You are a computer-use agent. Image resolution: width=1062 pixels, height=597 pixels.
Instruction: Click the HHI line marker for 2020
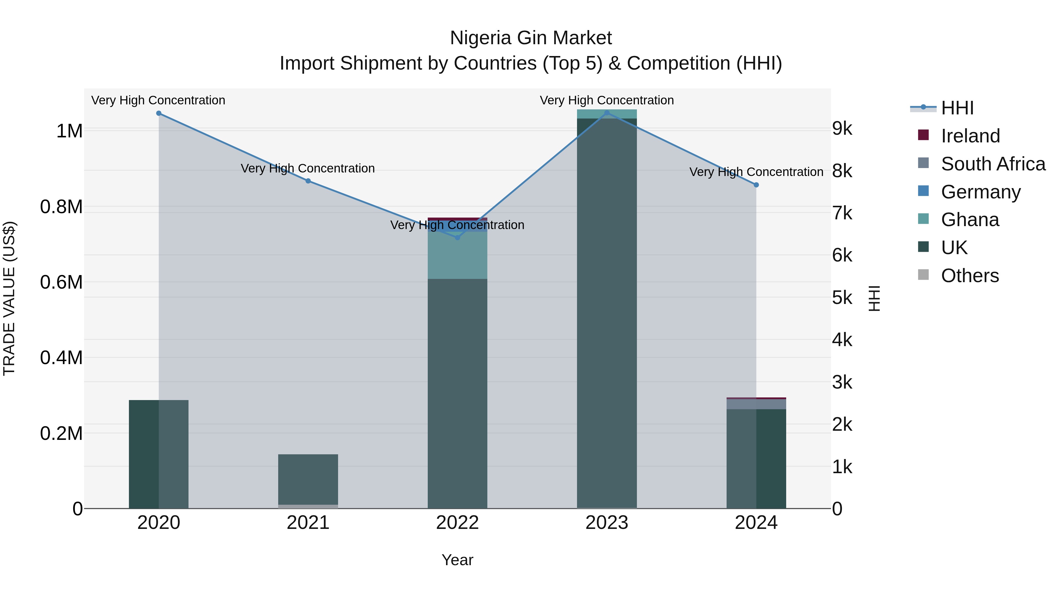(159, 113)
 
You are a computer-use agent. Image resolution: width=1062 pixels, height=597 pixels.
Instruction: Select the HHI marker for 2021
(308, 181)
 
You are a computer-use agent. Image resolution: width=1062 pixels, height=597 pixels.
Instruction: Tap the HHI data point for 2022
(457, 237)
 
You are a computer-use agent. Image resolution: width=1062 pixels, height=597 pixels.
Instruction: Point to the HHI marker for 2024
(756, 185)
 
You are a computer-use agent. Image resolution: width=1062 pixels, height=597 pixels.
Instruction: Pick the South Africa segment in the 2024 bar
(756, 404)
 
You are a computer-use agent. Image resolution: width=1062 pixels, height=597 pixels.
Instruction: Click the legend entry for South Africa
(993, 164)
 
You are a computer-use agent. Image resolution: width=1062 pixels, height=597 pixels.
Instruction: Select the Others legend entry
(970, 276)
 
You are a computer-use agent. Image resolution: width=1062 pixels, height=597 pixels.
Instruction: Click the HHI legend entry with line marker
(957, 108)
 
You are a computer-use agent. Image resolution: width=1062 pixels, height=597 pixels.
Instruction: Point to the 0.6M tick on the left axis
(61, 283)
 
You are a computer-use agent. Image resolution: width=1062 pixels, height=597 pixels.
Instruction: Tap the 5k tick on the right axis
(842, 298)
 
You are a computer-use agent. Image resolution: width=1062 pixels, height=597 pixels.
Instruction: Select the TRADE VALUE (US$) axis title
(9, 298)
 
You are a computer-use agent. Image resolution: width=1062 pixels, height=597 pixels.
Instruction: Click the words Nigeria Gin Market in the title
(531, 38)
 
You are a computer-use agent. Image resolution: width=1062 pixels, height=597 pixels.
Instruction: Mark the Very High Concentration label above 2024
(756, 172)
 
